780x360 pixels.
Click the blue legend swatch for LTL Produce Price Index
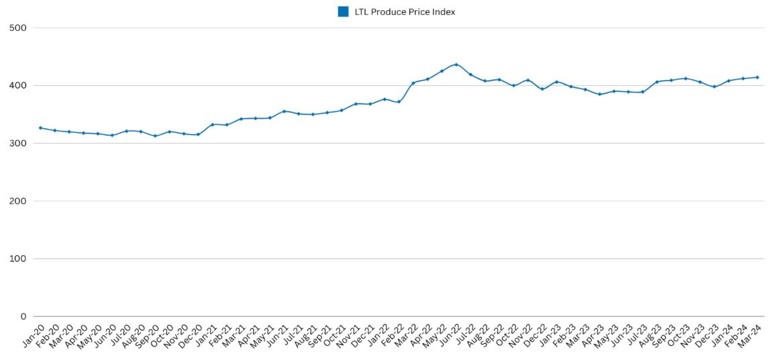point(343,11)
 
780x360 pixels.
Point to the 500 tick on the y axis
point(18,28)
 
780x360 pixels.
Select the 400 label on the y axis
point(18,85)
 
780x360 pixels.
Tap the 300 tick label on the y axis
point(18,143)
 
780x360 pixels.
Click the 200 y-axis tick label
point(18,201)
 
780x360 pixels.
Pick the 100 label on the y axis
point(18,259)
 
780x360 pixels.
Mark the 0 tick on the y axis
point(23,316)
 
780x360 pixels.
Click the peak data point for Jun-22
point(456,64)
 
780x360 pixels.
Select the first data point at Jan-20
point(40,128)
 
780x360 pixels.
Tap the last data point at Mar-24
point(757,77)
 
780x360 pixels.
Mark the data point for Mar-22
point(413,83)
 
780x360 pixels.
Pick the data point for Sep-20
point(155,136)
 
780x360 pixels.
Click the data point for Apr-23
point(599,94)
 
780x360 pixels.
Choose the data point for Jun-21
point(284,111)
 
